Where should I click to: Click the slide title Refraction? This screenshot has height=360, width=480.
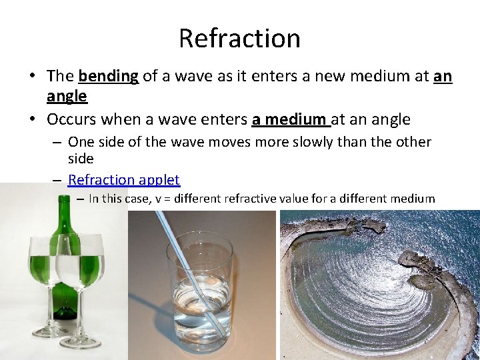click(239, 38)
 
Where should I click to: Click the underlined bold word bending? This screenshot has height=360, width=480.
click(108, 77)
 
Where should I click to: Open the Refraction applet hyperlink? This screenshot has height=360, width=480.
click(124, 180)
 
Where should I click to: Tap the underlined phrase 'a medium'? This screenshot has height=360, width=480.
click(290, 120)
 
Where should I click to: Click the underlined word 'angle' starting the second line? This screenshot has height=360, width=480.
click(67, 96)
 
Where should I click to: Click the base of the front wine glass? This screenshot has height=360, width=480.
click(79, 342)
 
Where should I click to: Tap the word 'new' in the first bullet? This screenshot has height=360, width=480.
click(307, 77)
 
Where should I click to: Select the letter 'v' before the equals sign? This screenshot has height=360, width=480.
click(159, 199)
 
